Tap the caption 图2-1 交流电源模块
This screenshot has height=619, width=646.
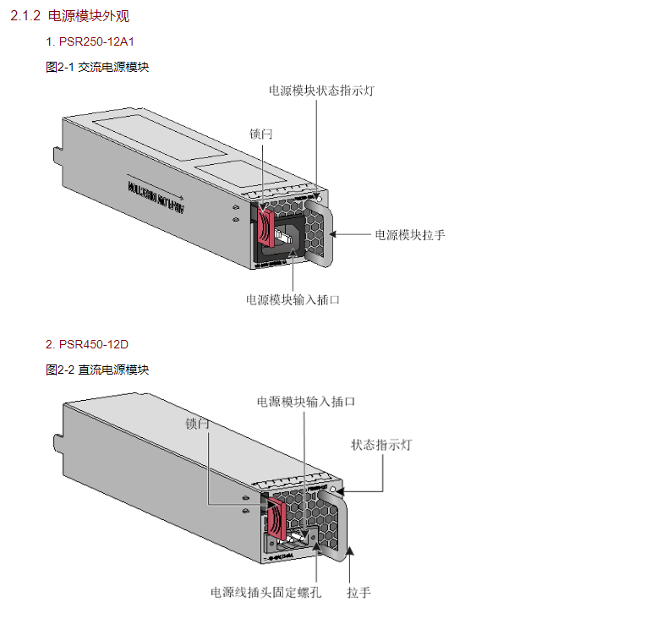[x=97, y=66]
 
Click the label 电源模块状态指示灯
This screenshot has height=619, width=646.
[x=321, y=90]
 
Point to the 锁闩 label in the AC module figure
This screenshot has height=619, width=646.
[x=261, y=134]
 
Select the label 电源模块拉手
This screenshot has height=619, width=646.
[x=410, y=234]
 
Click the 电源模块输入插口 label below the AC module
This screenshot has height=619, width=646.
[x=293, y=299]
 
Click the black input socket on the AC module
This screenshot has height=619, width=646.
[x=287, y=236]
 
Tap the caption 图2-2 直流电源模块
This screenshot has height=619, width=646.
[x=97, y=370]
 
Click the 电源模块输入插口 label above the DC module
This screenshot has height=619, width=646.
[x=306, y=402]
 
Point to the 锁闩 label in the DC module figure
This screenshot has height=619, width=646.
[x=197, y=424]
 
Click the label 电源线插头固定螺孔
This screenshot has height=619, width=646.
[x=266, y=592]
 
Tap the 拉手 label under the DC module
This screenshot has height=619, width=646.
[x=359, y=592]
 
